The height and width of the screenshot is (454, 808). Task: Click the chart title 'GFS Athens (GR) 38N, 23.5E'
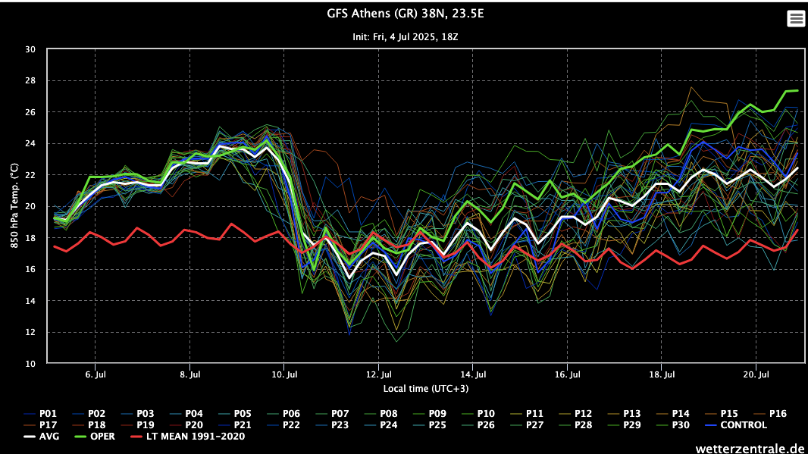click(x=403, y=14)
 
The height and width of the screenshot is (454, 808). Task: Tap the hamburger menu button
click(x=796, y=19)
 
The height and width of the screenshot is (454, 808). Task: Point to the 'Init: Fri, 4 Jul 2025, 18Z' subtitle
click(x=403, y=36)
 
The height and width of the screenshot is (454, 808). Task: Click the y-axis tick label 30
click(x=30, y=49)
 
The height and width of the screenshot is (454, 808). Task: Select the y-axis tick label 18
click(x=30, y=238)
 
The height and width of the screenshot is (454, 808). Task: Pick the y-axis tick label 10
click(x=30, y=364)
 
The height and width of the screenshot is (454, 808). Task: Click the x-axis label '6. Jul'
click(x=95, y=375)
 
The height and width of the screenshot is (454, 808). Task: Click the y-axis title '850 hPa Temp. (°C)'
click(x=14, y=206)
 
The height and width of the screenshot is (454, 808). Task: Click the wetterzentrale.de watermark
click(x=750, y=448)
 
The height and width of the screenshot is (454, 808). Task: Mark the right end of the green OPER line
click(x=797, y=90)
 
